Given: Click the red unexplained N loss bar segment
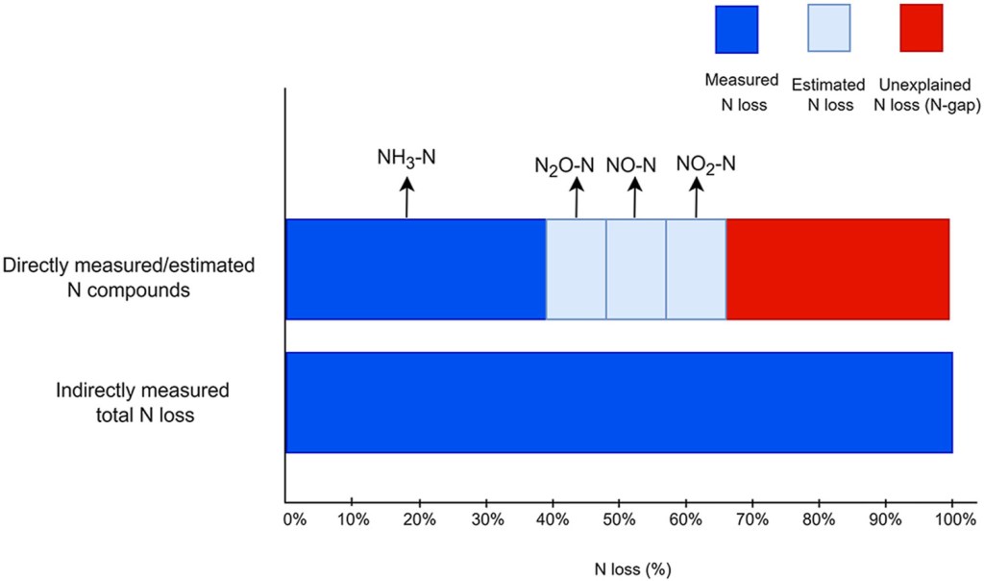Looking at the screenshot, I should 838,268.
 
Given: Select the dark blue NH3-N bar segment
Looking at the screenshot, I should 416,268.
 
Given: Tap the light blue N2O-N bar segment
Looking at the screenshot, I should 576,268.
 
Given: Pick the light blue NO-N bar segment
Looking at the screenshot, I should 635,268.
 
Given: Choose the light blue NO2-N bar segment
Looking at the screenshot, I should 696,268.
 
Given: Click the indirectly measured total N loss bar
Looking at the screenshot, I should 619,402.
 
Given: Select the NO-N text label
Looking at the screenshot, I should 630,164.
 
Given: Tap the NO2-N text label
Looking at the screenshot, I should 705,164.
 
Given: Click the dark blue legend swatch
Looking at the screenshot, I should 736,29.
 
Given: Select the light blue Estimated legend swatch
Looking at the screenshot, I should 823,29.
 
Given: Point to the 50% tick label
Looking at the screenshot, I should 618,519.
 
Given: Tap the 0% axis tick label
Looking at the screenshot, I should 295,519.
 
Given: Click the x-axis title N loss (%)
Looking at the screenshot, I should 618,568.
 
